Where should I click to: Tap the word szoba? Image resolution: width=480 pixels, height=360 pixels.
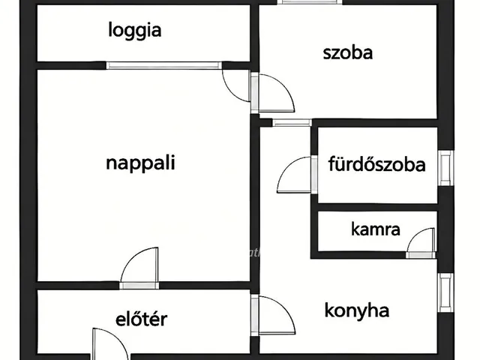[348, 52]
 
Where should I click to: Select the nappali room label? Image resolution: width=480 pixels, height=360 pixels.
[140, 163]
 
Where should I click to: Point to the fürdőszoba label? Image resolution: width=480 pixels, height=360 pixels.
[376, 163]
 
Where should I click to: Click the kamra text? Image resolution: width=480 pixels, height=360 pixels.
[375, 229]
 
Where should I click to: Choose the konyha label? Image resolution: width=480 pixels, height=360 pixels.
[357, 310]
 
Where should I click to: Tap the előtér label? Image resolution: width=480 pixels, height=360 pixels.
[142, 319]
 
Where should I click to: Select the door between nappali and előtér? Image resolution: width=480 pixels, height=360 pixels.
[139, 268]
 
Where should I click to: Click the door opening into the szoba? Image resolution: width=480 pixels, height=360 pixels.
[272, 92]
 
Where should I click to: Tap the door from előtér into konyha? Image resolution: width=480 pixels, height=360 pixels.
[272, 315]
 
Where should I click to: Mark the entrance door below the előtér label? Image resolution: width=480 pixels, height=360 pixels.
[110, 344]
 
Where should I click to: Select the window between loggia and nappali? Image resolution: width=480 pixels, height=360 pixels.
[163, 65]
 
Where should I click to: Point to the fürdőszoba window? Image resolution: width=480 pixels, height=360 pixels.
[445, 168]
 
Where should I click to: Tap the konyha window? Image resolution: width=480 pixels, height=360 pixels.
[445, 292]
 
